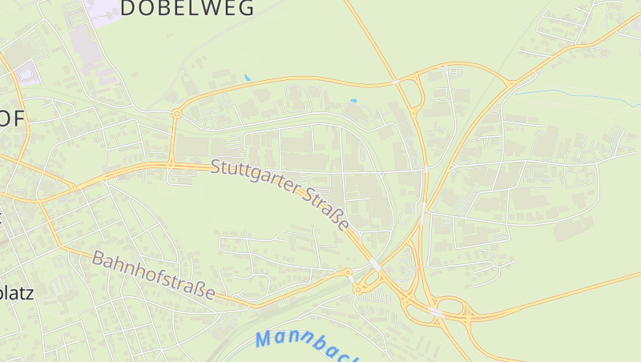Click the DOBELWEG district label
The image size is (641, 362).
pos(187,9)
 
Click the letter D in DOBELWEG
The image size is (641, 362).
pos(128,9)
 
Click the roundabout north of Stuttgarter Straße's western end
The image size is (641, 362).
pos(176,114)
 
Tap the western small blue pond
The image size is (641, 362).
pos(248,78)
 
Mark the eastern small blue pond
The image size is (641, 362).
pos(353,100)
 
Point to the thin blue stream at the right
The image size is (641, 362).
pos(577,93)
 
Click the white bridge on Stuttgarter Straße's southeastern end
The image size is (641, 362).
pos(375,263)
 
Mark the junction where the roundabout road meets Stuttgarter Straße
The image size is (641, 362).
pos(171,165)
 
